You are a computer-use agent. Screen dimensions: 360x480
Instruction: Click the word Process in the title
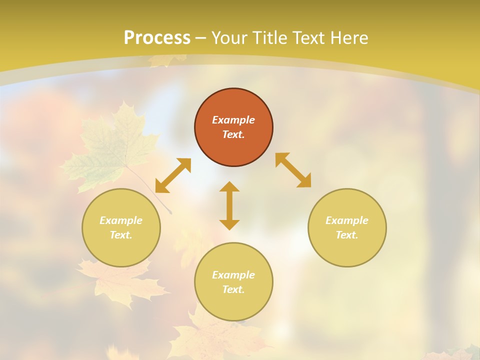(x=157, y=38)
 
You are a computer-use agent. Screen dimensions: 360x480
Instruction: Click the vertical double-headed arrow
(x=229, y=206)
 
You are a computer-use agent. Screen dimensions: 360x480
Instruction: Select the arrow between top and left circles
(x=173, y=175)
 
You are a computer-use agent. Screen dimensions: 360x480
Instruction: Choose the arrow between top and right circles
(x=293, y=170)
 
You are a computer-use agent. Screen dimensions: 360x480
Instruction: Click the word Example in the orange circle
(x=233, y=120)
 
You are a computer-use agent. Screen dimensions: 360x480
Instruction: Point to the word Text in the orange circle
(x=233, y=135)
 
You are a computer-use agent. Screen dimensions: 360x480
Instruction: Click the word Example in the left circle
(x=121, y=220)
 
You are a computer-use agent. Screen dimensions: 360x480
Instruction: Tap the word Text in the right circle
(x=347, y=235)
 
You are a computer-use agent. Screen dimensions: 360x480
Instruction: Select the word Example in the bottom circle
(x=233, y=275)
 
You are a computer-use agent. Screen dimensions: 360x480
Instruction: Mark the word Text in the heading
(x=309, y=38)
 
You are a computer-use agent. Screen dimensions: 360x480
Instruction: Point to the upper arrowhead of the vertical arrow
(x=229, y=186)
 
